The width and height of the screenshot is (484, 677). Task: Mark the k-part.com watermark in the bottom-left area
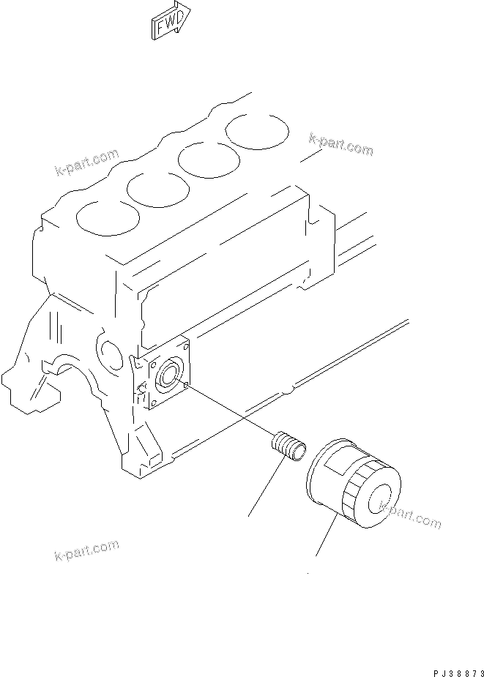[x=86, y=552]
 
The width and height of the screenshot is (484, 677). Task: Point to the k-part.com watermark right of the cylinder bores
[x=340, y=143]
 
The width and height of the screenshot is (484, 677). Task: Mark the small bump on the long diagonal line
[x=291, y=390]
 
